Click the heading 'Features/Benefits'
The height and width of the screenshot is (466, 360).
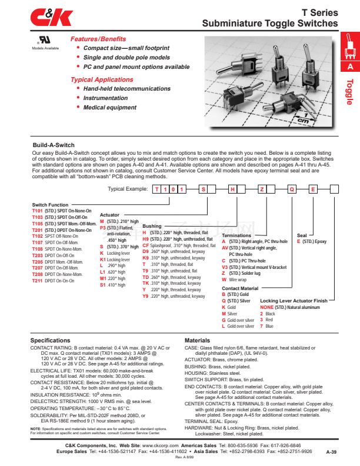coord(98,39)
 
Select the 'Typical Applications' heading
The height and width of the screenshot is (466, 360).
coord(102,80)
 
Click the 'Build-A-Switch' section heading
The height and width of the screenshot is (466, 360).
coord(54,145)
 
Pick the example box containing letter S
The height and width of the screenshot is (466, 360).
coord(203,189)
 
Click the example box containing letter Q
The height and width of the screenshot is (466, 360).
coord(291,189)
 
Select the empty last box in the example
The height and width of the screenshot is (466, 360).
coord(334,189)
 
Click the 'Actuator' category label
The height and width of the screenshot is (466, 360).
coord(110,215)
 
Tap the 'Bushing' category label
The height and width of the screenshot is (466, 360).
coord(152,226)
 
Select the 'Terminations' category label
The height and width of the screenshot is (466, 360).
coord(236,235)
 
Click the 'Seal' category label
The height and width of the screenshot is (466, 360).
coord(302,235)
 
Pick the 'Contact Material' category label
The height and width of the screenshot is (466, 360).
coord(239,288)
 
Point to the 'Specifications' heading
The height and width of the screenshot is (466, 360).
coord(50,341)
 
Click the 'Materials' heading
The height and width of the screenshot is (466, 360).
coord(197,341)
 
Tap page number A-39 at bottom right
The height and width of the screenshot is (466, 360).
coord(332,452)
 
